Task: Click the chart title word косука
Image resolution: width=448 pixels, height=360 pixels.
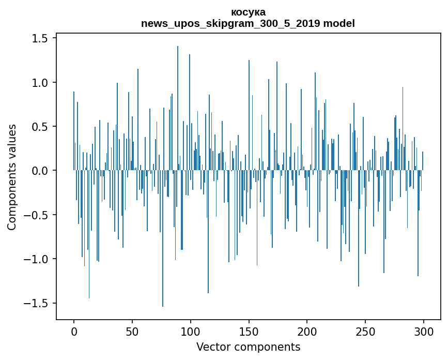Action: click(248, 12)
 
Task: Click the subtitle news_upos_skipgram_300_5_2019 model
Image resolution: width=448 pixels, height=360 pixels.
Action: click(248, 23)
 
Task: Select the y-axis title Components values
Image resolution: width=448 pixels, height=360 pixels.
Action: click(12, 177)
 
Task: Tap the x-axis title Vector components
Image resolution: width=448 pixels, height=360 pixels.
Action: click(248, 347)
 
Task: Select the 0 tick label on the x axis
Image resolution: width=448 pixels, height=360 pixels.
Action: click(74, 331)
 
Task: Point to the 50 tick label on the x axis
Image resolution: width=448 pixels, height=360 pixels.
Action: click(132, 331)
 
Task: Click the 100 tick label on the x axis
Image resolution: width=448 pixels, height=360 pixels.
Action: click(191, 331)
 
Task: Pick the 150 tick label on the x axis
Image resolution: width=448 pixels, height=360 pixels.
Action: click(249, 331)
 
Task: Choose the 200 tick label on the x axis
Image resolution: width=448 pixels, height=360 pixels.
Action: click(307, 331)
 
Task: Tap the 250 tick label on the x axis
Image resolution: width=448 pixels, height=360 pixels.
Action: click(365, 331)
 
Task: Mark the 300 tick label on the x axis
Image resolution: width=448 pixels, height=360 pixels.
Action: click(424, 331)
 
